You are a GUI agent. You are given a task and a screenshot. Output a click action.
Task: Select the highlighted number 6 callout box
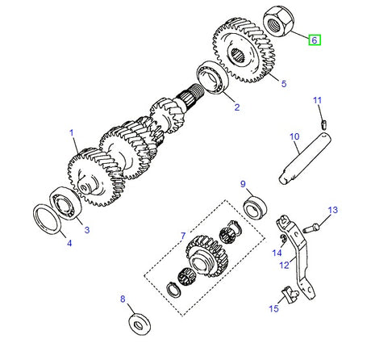(315, 39)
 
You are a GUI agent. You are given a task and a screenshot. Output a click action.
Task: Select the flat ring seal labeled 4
(52, 219)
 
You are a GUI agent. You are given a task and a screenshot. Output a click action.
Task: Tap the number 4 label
(68, 243)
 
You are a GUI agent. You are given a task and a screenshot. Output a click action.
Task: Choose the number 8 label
(123, 299)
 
